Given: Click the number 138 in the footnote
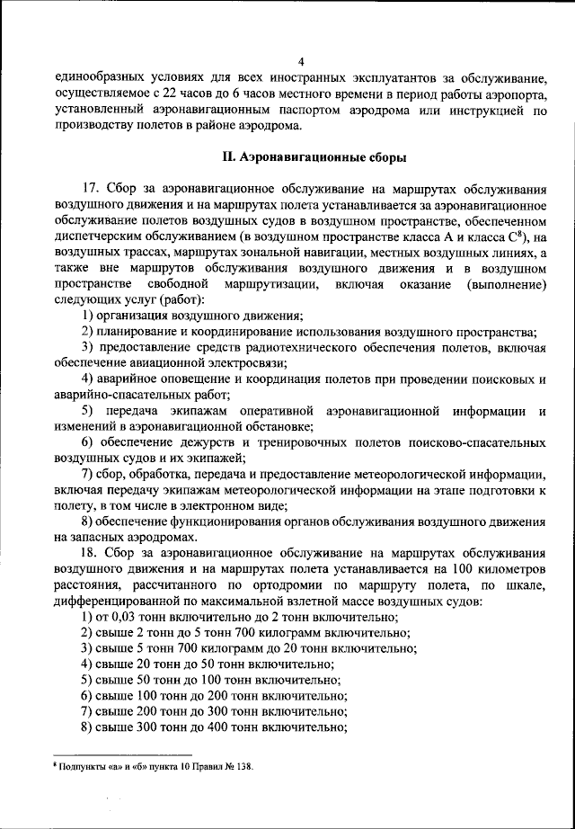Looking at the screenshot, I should coord(243,767).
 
